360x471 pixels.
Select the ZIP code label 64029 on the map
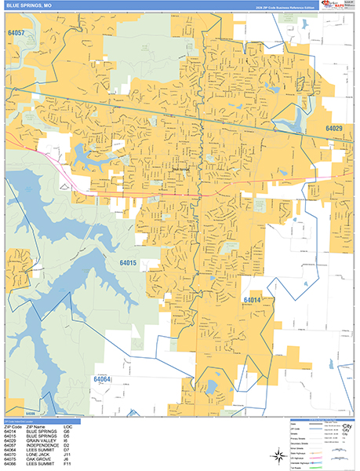[335, 128]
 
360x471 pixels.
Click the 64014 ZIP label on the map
[252, 300]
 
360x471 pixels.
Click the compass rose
[278, 457]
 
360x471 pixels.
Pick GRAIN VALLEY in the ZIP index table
[41, 440]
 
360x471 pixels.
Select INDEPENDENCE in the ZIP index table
[42, 444]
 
